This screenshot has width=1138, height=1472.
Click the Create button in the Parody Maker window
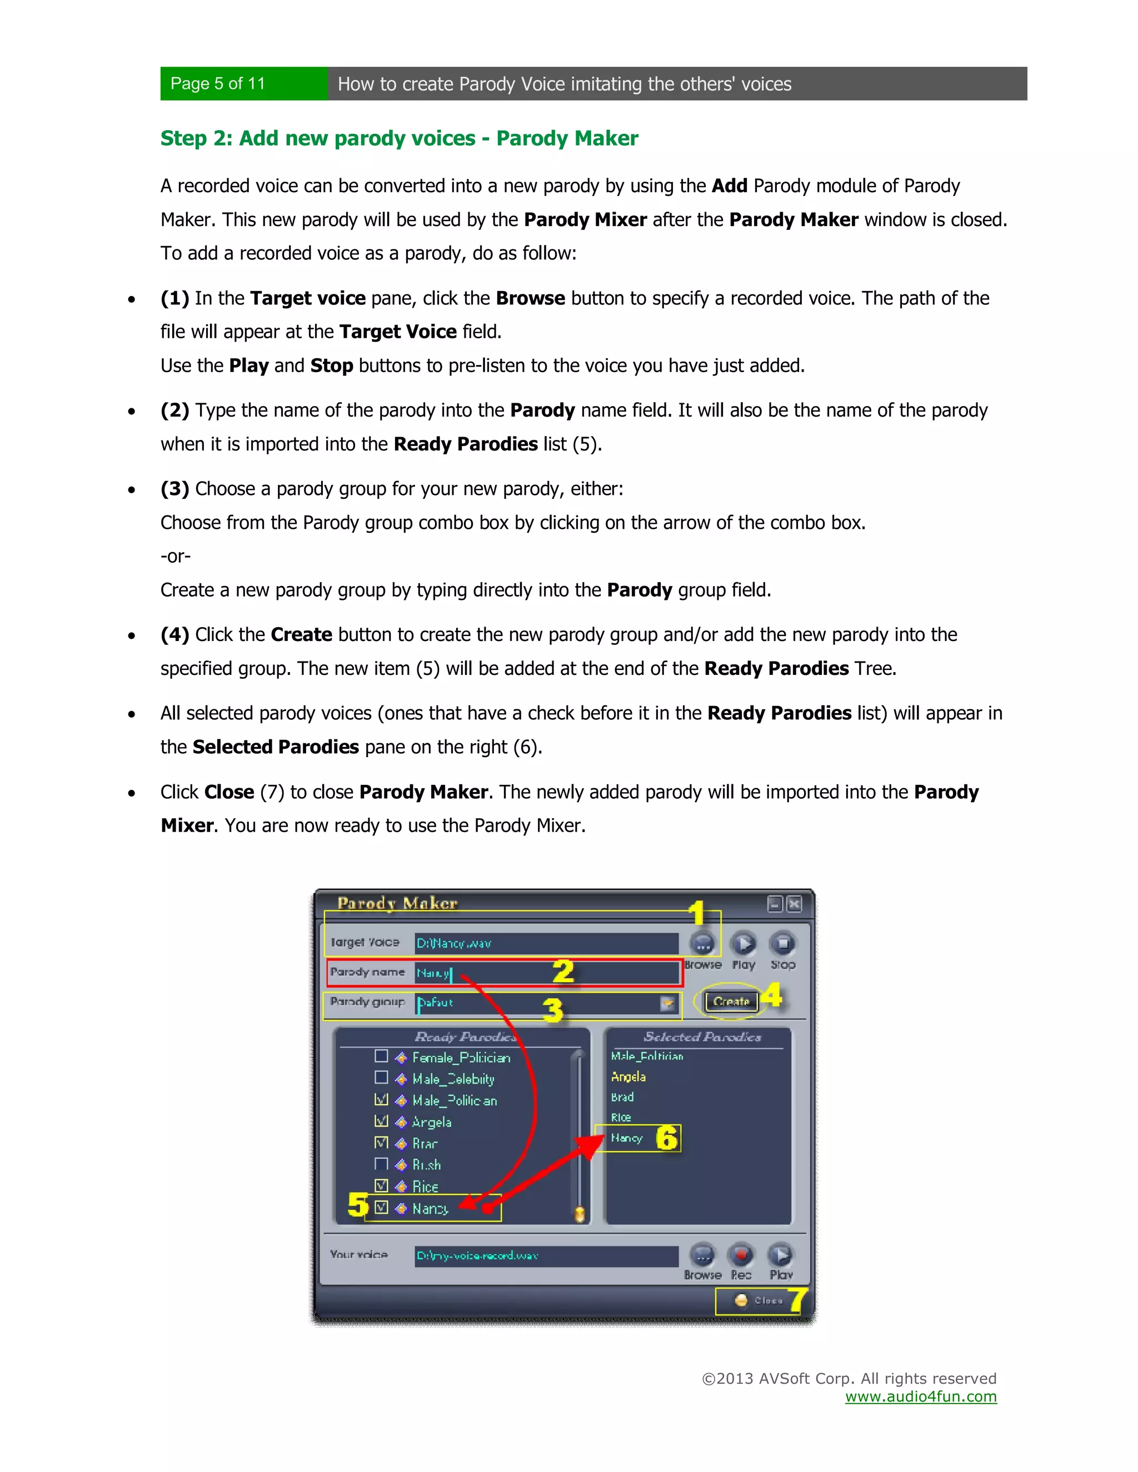click(x=731, y=1002)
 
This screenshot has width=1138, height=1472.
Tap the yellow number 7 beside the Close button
click(x=797, y=1299)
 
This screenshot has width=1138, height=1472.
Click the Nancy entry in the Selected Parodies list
click(x=626, y=1138)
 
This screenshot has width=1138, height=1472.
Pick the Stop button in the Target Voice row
click(x=783, y=944)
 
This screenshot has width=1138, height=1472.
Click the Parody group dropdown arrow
click(x=667, y=1004)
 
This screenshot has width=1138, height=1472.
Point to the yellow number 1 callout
click(x=696, y=914)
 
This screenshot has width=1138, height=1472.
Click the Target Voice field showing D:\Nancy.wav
click(x=546, y=944)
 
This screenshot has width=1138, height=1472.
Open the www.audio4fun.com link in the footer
click(x=921, y=1396)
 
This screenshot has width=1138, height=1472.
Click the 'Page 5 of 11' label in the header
click(x=218, y=83)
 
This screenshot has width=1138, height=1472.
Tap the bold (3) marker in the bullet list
click(x=174, y=489)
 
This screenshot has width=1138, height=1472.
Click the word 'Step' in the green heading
click(x=183, y=138)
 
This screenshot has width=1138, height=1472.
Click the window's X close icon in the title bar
click(x=795, y=904)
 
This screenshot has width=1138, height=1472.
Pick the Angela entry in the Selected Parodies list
click(x=628, y=1077)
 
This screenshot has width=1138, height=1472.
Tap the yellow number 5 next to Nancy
click(x=358, y=1204)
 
